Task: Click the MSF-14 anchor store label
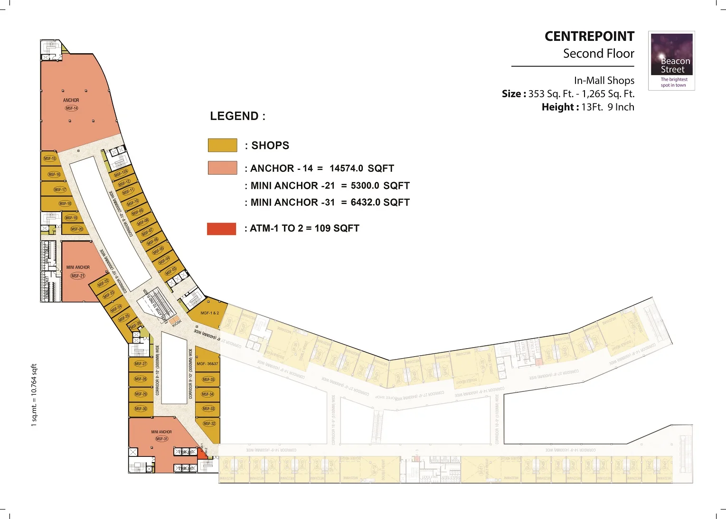coord(72,108)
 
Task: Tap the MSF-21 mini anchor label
coord(78,276)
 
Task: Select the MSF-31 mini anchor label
coord(162,439)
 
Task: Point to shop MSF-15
coord(49,158)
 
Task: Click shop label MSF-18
coord(65,204)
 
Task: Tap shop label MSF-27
coord(141,364)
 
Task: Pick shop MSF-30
coord(141,408)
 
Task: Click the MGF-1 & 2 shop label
coord(209,313)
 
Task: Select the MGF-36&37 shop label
coord(207,364)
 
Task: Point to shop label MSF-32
coord(209,424)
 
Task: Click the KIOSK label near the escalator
coord(177,323)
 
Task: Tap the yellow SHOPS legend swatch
coord(222,145)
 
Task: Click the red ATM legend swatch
coord(221,229)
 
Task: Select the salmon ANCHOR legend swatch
coord(222,168)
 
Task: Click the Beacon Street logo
coord(671,60)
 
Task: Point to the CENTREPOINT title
coord(589,37)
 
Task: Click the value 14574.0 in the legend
coord(346,168)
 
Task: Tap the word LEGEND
coord(235,116)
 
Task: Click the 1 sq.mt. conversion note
coord(34,395)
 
